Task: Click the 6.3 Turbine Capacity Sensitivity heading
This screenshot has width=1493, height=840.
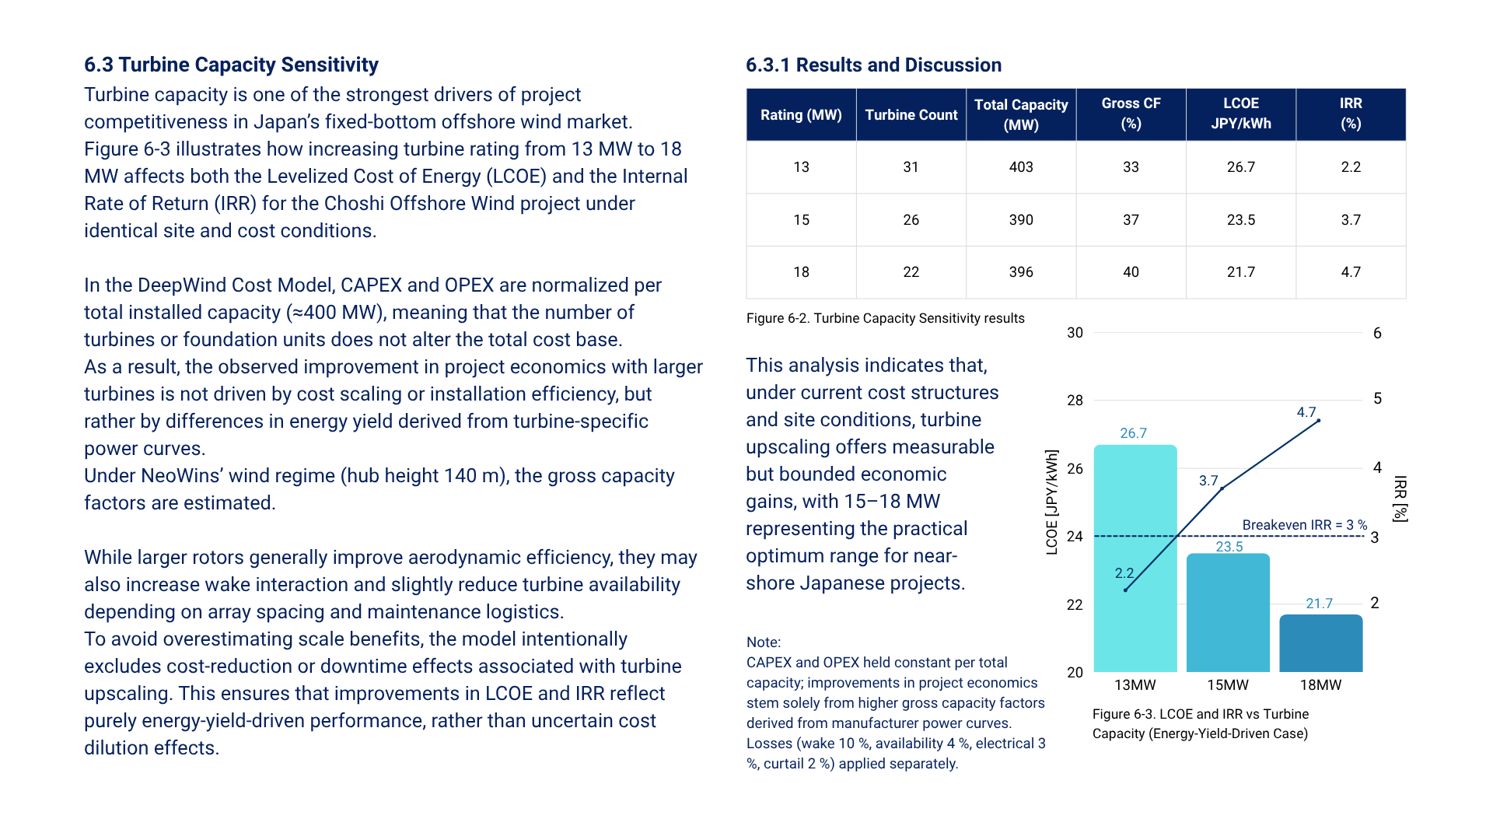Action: pyautogui.click(x=231, y=65)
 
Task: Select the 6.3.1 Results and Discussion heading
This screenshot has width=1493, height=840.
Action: pyautogui.click(x=873, y=65)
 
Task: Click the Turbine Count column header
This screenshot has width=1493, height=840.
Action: pyautogui.click(x=911, y=115)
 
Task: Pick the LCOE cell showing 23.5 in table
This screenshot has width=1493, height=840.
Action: pyautogui.click(x=1240, y=220)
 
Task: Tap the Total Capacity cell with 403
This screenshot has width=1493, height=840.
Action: pyautogui.click(x=1020, y=167)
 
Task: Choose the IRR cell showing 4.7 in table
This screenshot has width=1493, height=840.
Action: pyautogui.click(x=1350, y=272)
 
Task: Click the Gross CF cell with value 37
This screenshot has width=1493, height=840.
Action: pyautogui.click(x=1131, y=220)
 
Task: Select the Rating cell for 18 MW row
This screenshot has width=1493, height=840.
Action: pyautogui.click(x=801, y=272)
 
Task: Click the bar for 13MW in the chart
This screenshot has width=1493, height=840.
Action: pyautogui.click(x=1135, y=560)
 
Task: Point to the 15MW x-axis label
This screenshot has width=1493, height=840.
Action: pyautogui.click(x=1227, y=685)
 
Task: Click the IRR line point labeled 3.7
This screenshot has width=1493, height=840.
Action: pyautogui.click(x=1222, y=488)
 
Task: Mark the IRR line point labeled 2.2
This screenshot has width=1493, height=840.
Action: pyautogui.click(x=1125, y=590)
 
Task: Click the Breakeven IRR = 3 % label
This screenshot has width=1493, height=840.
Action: pyautogui.click(x=1304, y=525)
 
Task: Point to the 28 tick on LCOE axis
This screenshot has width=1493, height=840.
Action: pyautogui.click(x=1075, y=401)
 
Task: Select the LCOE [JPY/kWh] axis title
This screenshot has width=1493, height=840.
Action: pyautogui.click(x=1051, y=502)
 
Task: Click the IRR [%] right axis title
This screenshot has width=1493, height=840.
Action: pyautogui.click(x=1400, y=499)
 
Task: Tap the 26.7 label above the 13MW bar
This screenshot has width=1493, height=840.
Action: pyautogui.click(x=1133, y=433)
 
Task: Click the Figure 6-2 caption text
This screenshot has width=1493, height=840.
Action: pyautogui.click(x=885, y=318)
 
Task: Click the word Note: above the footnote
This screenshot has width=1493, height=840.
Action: pyautogui.click(x=763, y=642)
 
